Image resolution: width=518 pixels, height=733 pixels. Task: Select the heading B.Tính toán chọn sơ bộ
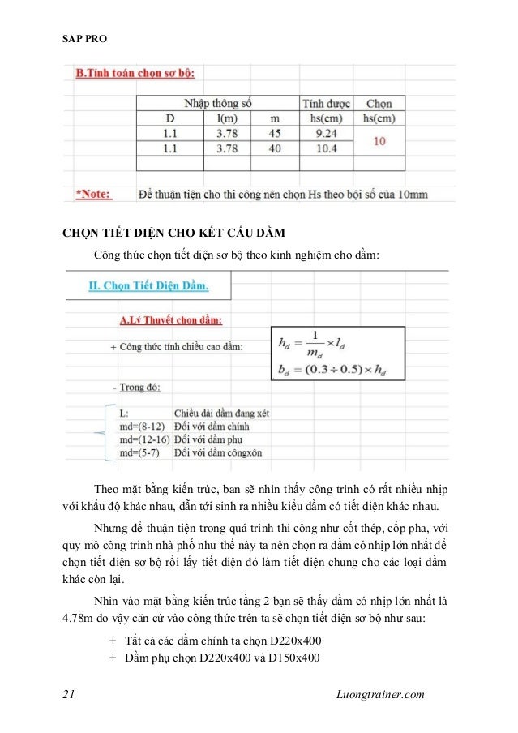click(x=135, y=74)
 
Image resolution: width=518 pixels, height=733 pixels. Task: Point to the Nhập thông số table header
click(x=218, y=104)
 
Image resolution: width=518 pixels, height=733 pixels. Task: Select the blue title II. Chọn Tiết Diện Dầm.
click(x=148, y=285)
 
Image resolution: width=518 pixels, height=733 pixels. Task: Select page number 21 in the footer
click(x=69, y=694)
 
